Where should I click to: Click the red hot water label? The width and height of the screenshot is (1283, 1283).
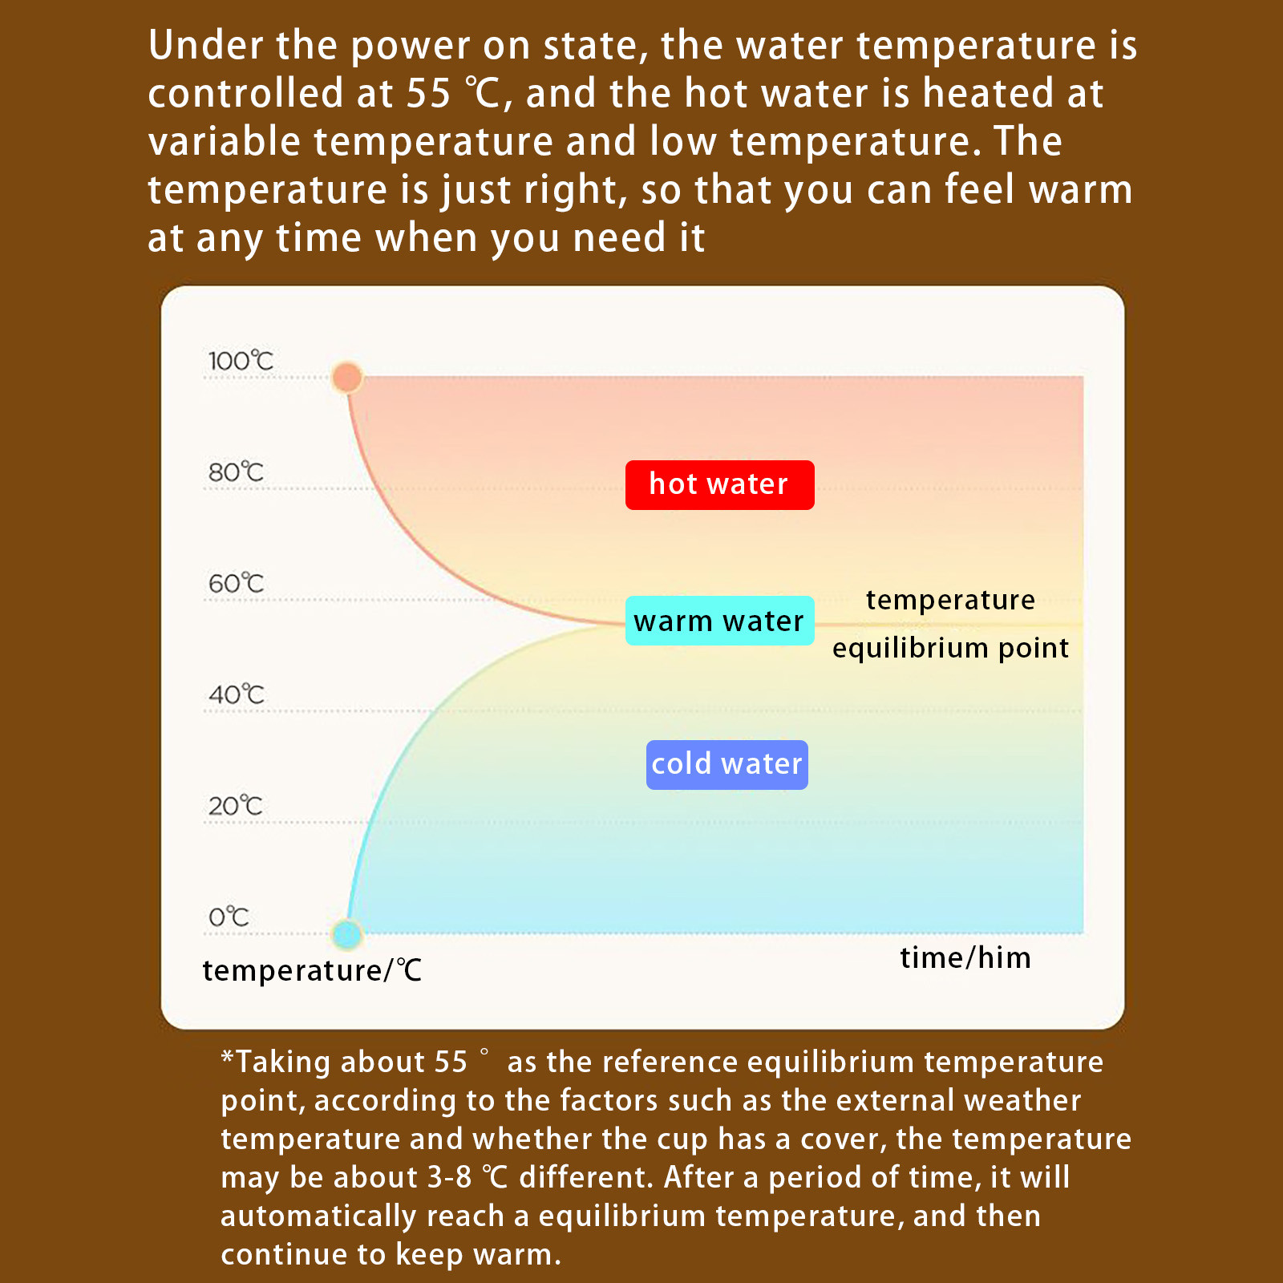pyautogui.click(x=719, y=485)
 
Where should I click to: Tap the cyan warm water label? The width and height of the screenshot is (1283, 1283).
pyautogui.click(x=719, y=621)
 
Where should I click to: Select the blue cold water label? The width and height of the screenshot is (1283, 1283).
pyautogui.click(x=726, y=765)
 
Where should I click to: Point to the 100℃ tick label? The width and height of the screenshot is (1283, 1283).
pyautogui.click(x=241, y=361)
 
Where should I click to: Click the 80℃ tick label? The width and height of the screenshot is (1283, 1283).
pyautogui.click(x=236, y=472)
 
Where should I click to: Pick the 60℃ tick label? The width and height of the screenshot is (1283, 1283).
pyautogui.click(x=236, y=584)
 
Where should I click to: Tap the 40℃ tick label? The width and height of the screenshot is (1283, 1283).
pyautogui.click(x=236, y=694)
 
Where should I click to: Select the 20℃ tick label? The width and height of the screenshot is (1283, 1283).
pyautogui.click(x=235, y=806)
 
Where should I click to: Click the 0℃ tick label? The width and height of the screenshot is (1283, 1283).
pyautogui.click(x=229, y=917)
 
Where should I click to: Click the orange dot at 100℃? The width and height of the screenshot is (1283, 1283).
pyautogui.click(x=347, y=377)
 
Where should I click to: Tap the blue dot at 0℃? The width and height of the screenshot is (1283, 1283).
pyautogui.click(x=347, y=934)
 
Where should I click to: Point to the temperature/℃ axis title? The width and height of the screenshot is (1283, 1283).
pyautogui.click(x=312, y=971)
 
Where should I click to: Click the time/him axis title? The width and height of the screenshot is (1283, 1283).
pyautogui.click(x=965, y=958)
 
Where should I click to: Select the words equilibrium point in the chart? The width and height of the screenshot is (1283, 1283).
pyautogui.click(x=950, y=649)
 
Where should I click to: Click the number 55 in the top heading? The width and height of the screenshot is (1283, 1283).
pyautogui.click(x=429, y=94)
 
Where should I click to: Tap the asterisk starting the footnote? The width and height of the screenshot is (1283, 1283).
pyautogui.click(x=228, y=1058)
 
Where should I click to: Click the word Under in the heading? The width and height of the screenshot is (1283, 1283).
pyautogui.click(x=206, y=46)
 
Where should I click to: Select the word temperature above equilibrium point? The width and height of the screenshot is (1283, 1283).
pyautogui.click(x=950, y=601)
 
